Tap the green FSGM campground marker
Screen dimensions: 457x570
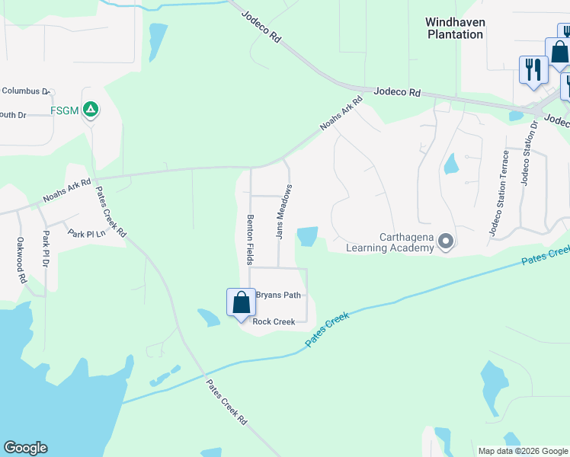click(x=91, y=110)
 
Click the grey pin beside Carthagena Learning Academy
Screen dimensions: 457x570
click(x=447, y=242)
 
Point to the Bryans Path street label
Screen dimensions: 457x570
click(x=279, y=295)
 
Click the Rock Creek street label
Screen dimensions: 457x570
click(x=274, y=322)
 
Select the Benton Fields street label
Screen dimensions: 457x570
click(x=249, y=238)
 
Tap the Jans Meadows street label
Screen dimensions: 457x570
click(x=283, y=212)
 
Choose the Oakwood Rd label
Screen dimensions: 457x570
click(x=21, y=260)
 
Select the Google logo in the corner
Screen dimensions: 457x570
click(x=25, y=448)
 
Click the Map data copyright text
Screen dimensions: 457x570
click(x=522, y=451)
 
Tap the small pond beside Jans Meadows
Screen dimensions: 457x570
click(x=307, y=236)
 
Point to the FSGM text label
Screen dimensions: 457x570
click(x=65, y=110)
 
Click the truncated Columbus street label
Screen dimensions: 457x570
click(x=25, y=91)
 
